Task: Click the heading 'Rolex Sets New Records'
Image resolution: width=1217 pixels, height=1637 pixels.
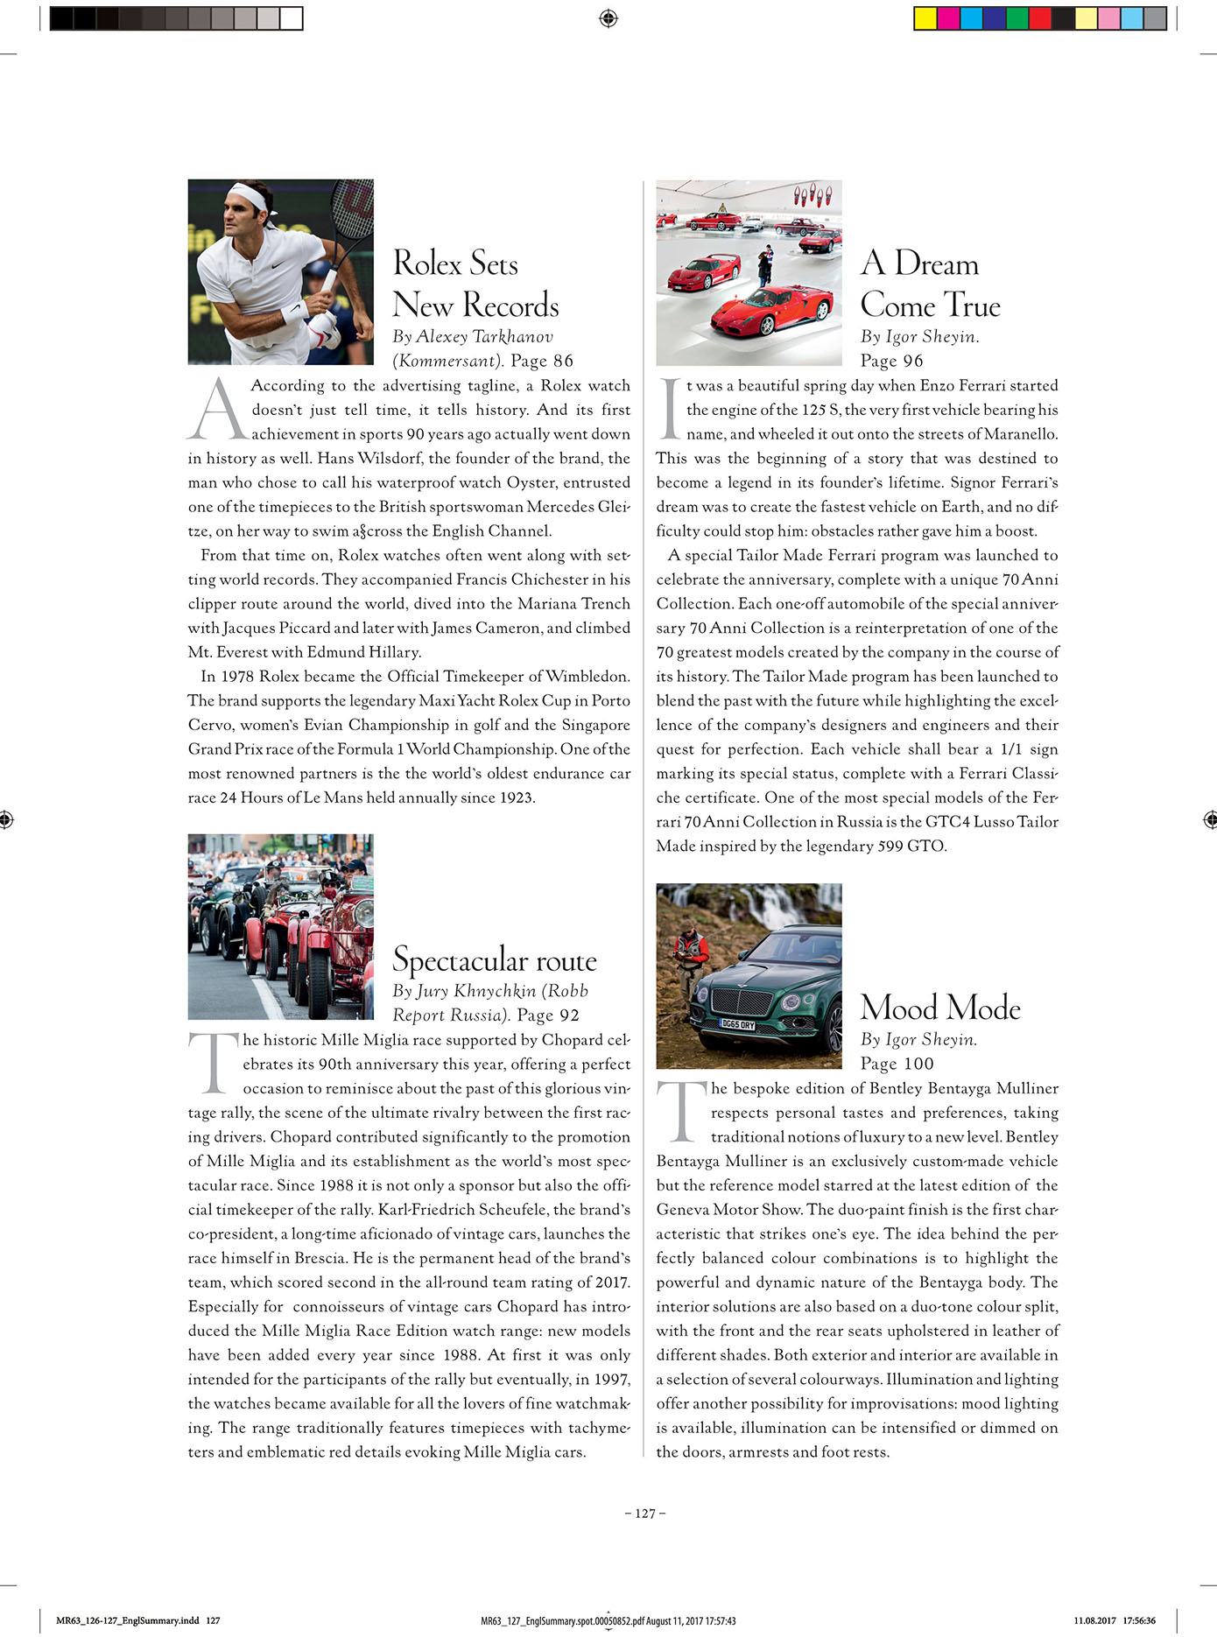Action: pos(475,285)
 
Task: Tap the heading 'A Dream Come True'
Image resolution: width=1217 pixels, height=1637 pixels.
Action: pos(930,285)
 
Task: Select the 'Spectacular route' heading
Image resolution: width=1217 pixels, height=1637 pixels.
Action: pos(495,960)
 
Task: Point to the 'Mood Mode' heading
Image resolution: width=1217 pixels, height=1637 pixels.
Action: pos(940,1008)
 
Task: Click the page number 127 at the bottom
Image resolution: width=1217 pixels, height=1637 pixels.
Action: pos(645,1514)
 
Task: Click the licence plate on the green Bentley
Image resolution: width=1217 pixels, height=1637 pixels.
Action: pos(736,1024)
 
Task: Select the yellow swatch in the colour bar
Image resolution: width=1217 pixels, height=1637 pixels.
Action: pos(925,18)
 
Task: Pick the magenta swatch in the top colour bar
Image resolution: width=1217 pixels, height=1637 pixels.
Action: pos(948,18)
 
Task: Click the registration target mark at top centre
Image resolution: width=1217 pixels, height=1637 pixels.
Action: pos(609,18)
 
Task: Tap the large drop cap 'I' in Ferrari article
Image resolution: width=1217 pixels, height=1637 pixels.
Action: pos(671,409)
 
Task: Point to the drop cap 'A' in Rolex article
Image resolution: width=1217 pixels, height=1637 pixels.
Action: pos(217,409)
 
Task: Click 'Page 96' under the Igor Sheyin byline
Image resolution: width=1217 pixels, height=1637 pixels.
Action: pos(891,361)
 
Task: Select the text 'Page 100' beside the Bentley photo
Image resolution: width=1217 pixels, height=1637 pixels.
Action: pos(897,1064)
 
